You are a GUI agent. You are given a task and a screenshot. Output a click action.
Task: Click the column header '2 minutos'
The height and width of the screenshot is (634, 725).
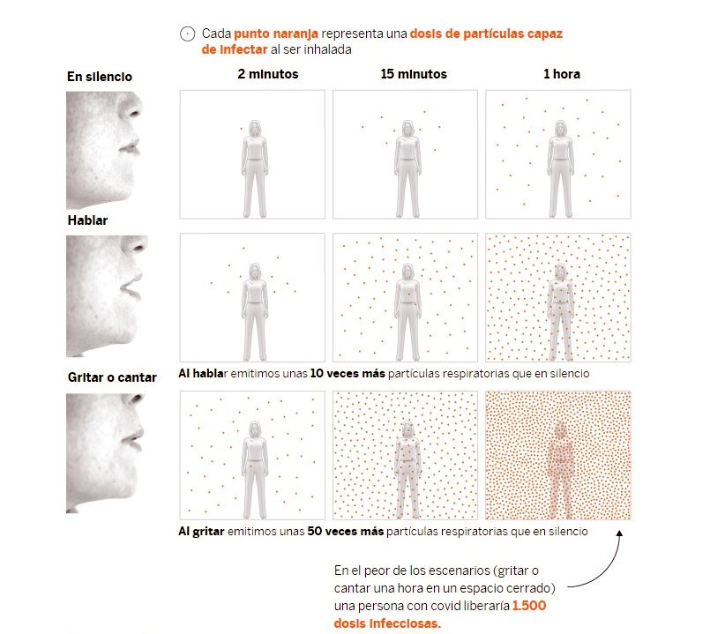268,74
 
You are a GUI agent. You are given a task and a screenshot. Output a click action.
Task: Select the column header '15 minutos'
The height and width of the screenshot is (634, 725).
414,74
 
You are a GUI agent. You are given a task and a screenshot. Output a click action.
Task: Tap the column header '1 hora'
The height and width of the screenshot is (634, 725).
561,74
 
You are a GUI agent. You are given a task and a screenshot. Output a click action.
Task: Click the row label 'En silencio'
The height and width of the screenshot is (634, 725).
100,77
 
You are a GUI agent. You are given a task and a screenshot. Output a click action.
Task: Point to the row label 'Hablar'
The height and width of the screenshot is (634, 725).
87,220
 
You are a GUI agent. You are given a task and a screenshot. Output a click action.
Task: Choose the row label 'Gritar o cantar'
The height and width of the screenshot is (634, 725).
112,377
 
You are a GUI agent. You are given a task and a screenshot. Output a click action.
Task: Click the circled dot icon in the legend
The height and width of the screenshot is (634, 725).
187,34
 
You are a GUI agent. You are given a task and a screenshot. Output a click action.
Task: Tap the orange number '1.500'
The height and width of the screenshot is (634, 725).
529,606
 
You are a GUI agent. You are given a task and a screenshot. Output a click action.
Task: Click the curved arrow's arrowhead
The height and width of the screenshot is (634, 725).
619,533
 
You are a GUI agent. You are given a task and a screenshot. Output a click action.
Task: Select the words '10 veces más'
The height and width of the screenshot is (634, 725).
348,373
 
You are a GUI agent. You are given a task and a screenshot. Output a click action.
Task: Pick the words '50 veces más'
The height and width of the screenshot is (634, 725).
346,532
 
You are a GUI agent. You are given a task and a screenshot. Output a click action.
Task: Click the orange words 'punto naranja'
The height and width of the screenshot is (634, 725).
276,34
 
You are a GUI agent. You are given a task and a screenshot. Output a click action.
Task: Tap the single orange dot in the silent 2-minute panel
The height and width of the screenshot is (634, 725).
241,129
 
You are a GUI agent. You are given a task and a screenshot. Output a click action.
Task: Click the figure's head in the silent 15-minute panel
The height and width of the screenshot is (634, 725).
407,129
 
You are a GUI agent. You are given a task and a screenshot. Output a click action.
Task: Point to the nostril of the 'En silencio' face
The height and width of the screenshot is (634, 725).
135,113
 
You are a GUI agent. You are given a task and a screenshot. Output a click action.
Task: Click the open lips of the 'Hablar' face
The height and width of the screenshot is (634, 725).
131,287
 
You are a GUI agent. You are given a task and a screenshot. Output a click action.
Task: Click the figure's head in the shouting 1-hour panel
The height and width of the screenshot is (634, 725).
560,429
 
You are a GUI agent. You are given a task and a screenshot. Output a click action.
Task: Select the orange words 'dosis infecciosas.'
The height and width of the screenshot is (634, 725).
387,623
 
